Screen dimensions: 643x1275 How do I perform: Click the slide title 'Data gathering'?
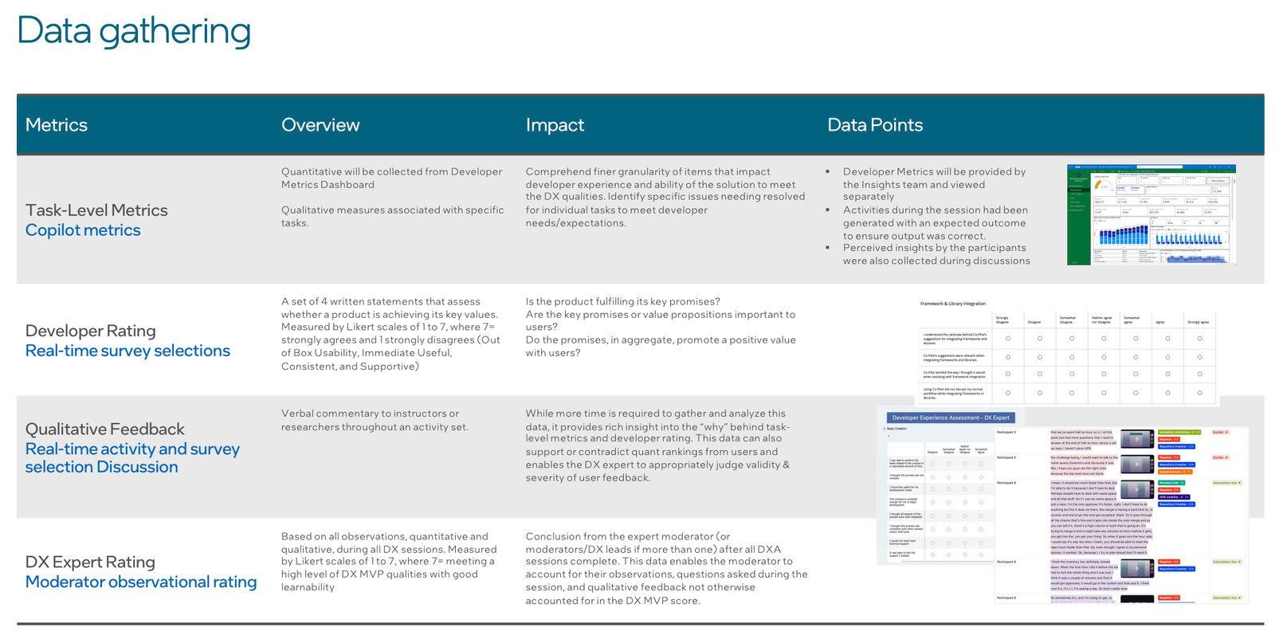[134, 31]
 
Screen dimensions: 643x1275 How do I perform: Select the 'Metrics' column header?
[57, 125]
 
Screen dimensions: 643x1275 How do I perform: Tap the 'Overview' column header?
[320, 125]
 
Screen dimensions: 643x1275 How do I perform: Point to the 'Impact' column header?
[555, 125]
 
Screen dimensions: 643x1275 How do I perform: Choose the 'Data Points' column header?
[874, 125]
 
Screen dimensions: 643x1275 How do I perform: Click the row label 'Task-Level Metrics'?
[96, 210]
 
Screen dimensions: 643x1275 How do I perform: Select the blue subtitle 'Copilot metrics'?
[83, 230]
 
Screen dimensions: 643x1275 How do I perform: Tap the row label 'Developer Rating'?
[90, 331]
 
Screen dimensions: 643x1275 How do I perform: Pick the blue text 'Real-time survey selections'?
[127, 351]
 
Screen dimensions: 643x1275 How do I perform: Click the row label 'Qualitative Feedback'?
[104, 429]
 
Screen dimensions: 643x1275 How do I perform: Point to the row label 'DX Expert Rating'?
[90, 562]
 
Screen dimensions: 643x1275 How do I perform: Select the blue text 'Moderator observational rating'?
[141, 582]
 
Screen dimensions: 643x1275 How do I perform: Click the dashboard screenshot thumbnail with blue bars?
[1151, 215]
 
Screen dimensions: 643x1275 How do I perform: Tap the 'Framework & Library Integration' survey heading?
[953, 304]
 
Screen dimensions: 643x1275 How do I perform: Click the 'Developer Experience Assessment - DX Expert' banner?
[951, 418]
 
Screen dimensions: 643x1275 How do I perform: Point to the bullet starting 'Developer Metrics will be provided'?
[934, 184]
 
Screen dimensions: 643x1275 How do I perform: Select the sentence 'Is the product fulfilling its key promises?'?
[622, 301]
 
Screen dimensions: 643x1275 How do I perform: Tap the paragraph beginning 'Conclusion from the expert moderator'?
[666, 568]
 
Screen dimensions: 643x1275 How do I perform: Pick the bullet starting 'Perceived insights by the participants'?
[936, 254]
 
